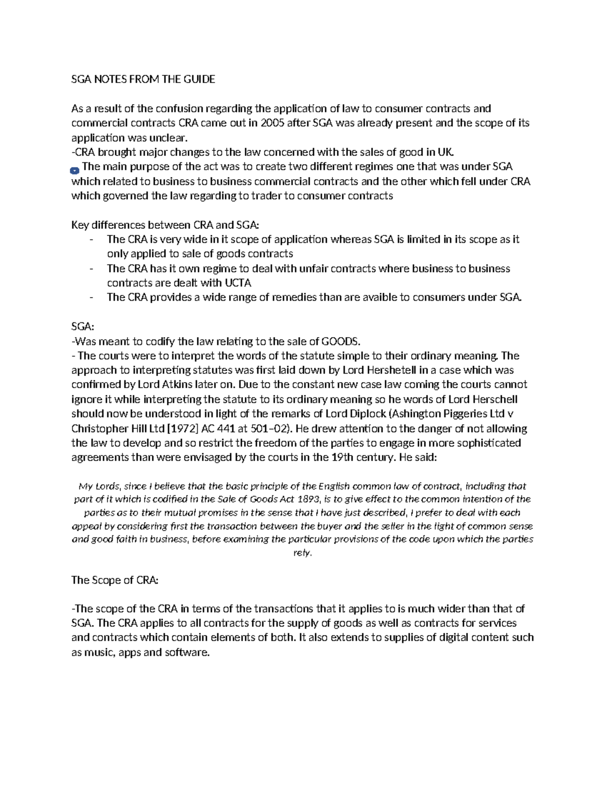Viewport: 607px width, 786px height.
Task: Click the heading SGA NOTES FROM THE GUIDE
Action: [143, 79]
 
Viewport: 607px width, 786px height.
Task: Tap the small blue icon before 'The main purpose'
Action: [75, 171]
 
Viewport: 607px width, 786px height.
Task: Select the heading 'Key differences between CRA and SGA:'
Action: [165, 225]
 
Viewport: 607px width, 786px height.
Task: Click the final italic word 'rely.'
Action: [302, 553]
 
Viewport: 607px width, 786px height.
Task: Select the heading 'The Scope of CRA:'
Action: [115, 580]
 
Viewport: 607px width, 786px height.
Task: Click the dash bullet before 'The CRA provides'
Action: [91, 298]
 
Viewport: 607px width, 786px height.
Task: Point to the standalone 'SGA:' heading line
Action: [82, 327]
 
